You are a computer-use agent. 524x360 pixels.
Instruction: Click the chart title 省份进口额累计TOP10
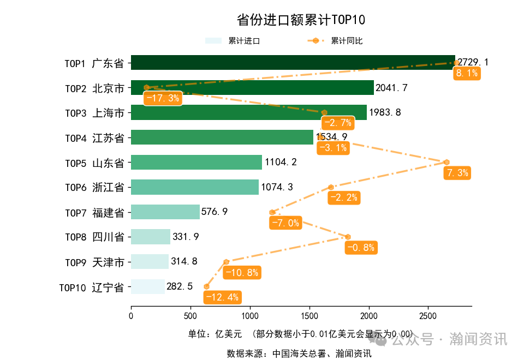pyautogui.click(x=301, y=20)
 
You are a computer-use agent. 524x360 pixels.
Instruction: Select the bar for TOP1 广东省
pyautogui.click(x=293, y=63)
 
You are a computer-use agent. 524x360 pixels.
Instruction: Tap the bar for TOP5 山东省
pyautogui.click(x=196, y=163)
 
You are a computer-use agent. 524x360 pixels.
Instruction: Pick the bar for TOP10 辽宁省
pyautogui.click(x=147, y=287)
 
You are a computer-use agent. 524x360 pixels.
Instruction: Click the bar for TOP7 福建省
pyautogui.click(x=165, y=212)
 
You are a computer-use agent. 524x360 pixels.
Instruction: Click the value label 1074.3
pyautogui.click(x=277, y=188)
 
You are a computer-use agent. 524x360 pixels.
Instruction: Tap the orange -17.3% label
pyautogui.click(x=162, y=99)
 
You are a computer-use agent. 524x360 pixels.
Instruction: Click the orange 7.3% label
pyautogui.click(x=457, y=173)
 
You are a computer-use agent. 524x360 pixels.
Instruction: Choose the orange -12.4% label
pyautogui.click(x=222, y=297)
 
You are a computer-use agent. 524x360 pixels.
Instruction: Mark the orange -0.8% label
pyautogui.click(x=361, y=248)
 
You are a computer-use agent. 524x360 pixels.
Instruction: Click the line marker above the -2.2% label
pyautogui.click(x=331, y=187)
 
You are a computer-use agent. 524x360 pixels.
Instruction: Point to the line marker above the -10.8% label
pyautogui.click(x=226, y=262)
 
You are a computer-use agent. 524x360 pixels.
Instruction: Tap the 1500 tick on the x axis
pyautogui.click(x=309, y=316)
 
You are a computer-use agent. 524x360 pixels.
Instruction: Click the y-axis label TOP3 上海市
pyautogui.click(x=94, y=113)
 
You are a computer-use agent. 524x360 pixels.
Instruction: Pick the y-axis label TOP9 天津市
pyautogui.click(x=94, y=262)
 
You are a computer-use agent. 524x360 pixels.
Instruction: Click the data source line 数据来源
pyautogui.click(x=299, y=353)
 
